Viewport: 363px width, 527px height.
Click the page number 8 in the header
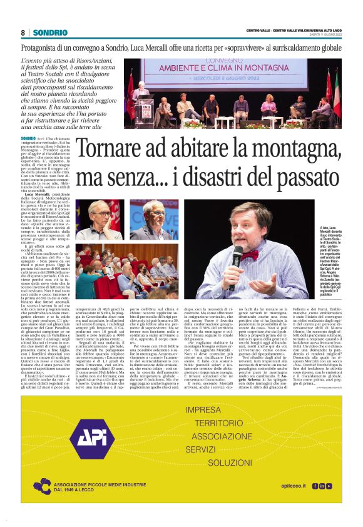(23, 33)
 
